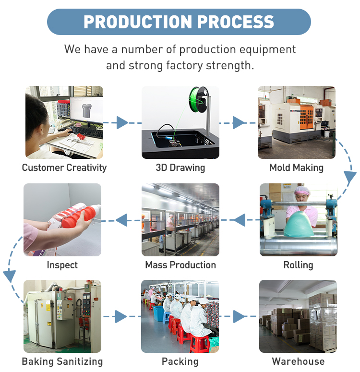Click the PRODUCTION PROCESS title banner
pos(179,22)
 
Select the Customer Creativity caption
pos(64,168)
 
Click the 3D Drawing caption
pos(180,168)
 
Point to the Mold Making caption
pos(296,168)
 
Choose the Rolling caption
pos(298,265)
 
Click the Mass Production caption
pos(180,265)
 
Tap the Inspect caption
pos(62,265)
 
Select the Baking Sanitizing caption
pos(62,361)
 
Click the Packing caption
pos(180,361)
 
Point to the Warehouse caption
pos(298,361)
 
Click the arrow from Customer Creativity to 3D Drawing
pos(122,123)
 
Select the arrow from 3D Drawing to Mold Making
pos(239,123)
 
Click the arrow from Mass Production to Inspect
pos(122,220)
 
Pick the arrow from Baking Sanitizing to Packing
pos(121,316)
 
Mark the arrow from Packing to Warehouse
pos(239,316)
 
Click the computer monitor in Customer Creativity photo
pos(86,108)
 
